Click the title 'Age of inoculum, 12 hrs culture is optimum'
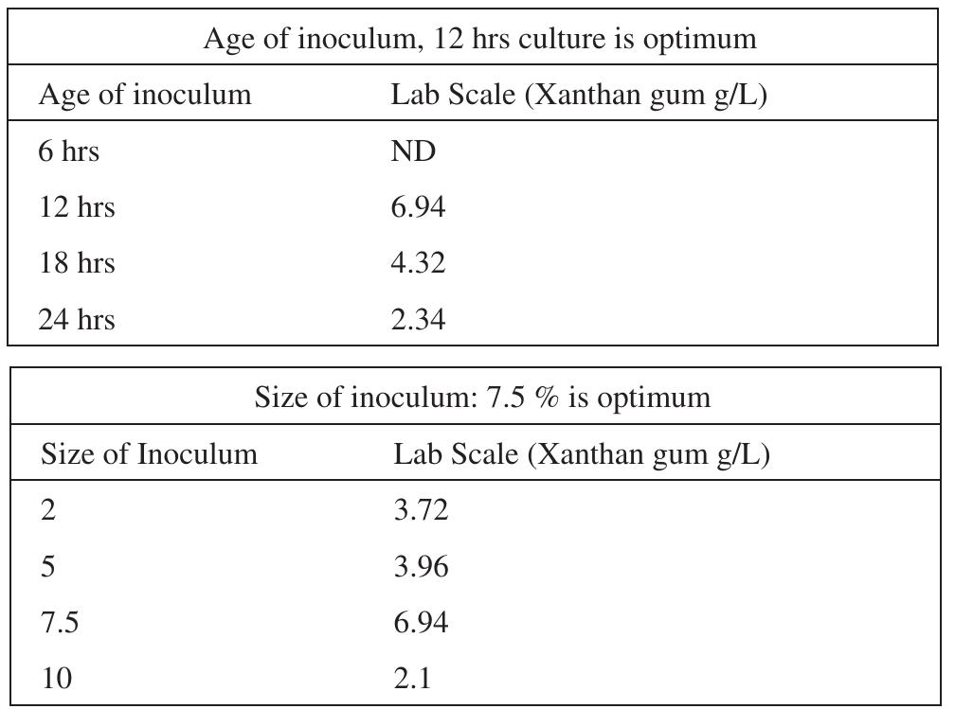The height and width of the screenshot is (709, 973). click(x=479, y=39)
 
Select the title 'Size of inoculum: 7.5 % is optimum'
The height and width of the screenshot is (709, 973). click(x=481, y=397)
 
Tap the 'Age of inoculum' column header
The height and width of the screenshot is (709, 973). click(x=145, y=95)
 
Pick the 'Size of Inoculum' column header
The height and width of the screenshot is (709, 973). click(x=149, y=454)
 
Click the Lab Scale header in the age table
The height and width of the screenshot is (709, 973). click(x=578, y=95)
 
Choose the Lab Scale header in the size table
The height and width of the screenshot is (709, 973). click(x=581, y=454)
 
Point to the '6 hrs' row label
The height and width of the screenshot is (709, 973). click(x=68, y=151)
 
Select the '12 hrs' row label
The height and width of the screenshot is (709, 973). click(x=76, y=207)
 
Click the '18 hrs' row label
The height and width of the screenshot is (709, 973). click(x=76, y=262)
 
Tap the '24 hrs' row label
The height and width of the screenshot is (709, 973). click(x=76, y=319)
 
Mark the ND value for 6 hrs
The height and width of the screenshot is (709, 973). click(x=413, y=151)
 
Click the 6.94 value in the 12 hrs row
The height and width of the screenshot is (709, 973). click(x=418, y=207)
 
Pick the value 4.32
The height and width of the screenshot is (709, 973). click(x=418, y=262)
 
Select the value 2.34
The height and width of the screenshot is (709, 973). click(x=418, y=319)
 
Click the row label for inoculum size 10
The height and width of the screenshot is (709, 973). click(x=57, y=678)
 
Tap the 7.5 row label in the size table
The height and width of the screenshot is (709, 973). click(x=60, y=622)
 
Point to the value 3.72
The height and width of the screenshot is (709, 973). click(x=421, y=510)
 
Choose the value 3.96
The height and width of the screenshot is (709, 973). click(x=421, y=566)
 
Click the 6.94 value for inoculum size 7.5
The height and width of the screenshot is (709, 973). click(x=421, y=622)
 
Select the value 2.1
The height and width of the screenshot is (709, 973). click(x=413, y=678)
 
